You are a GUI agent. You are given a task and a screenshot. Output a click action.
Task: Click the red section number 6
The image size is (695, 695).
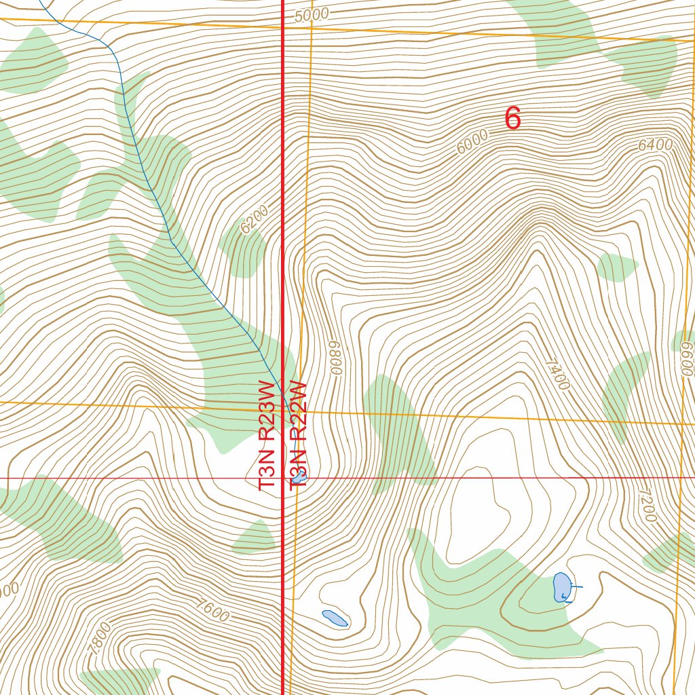click(512, 119)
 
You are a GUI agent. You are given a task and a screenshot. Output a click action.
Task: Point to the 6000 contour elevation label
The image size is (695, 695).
click(472, 143)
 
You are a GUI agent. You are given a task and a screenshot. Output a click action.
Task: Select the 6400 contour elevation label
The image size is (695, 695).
click(655, 145)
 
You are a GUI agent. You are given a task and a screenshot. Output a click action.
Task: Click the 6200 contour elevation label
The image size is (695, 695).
click(255, 219)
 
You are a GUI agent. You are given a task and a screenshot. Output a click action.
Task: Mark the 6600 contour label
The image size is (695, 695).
click(687, 358)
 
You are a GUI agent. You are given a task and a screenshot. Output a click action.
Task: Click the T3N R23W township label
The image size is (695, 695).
click(268, 434)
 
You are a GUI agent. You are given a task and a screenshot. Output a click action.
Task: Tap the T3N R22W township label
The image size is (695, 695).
click(299, 434)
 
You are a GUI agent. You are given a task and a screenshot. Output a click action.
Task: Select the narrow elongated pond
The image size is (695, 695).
click(335, 618)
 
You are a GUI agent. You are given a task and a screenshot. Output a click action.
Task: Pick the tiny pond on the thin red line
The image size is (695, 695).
click(301, 478)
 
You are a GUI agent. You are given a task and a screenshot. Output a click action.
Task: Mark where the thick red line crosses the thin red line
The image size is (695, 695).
click(282, 478)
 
